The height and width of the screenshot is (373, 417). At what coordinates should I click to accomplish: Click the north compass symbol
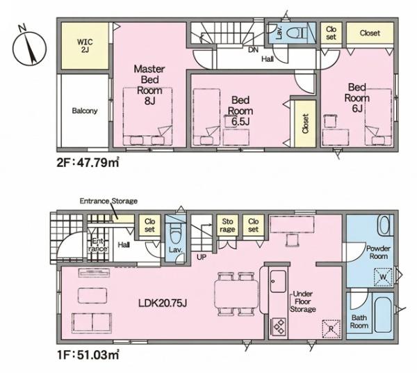29,47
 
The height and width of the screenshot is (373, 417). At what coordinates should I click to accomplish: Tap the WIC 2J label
85,45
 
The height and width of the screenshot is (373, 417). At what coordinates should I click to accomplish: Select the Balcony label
85,111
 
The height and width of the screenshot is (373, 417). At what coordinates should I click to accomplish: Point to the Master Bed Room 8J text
149,85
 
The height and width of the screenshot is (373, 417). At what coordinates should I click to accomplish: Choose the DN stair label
254,49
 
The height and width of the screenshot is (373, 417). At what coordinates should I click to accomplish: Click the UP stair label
202,257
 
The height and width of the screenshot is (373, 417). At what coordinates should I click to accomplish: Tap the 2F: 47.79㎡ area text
88,162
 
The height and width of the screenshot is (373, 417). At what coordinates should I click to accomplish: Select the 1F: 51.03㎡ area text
88,354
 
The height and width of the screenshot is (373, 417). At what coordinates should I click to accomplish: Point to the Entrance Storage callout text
108,201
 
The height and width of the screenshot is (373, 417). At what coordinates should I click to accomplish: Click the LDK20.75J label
163,303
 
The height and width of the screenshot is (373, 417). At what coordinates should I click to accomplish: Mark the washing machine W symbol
383,277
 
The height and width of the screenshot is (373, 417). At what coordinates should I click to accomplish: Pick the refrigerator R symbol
332,328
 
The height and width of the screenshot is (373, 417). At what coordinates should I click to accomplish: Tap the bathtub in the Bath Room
383,315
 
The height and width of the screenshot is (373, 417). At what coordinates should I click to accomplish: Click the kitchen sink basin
278,281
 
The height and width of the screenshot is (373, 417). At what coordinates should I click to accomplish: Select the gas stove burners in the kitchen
279,326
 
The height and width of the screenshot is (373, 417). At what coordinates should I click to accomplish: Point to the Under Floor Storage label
302,301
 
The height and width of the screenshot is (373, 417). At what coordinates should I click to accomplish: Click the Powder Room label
378,253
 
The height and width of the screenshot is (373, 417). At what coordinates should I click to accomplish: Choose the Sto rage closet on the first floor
227,225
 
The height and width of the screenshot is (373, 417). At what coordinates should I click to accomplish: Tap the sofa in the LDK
92,323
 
